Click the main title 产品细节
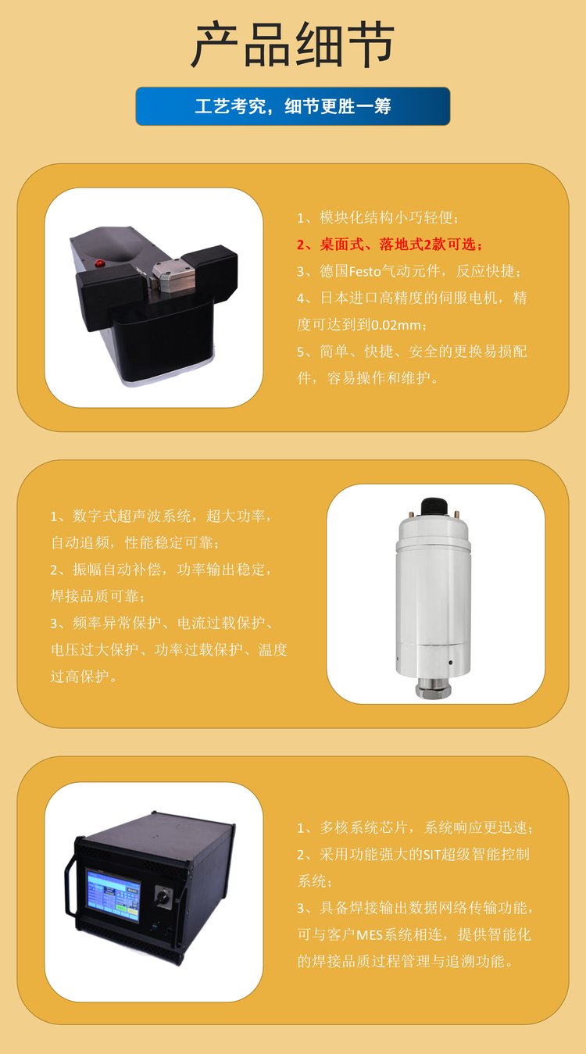pos(292,45)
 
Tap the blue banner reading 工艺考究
pos(293,106)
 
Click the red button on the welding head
pos(99,263)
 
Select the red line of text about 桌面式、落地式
pos(390,245)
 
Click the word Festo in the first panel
pos(364,271)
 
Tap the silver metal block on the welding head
pos(172,277)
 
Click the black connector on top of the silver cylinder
pos(433,507)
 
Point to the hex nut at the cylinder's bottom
pos(433,690)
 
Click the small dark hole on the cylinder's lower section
pos(451,663)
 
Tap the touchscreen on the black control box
pos(113,896)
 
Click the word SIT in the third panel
pos(433,855)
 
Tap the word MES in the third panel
pos(369,934)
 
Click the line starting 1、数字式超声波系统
pos(162,516)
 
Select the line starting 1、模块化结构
pos(378,217)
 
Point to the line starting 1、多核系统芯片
pos(414,827)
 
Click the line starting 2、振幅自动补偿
pos(162,570)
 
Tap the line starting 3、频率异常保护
pos(163,623)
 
